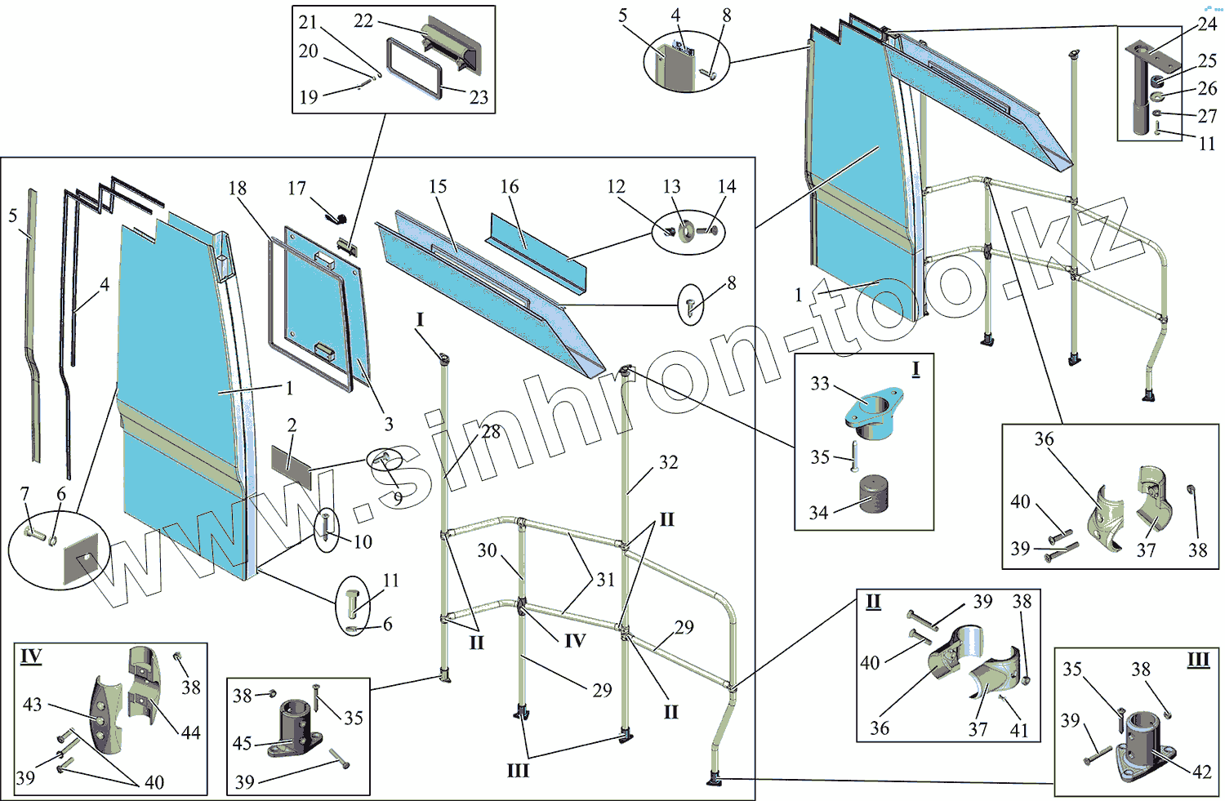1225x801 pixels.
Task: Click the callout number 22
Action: point(363,20)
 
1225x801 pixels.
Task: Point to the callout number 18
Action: point(237,189)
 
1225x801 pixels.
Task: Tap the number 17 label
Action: point(296,189)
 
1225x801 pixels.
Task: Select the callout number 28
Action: point(491,431)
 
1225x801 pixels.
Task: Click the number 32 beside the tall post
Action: point(668,462)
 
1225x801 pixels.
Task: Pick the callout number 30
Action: point(487,550)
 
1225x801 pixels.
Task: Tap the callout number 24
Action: point(1208,24)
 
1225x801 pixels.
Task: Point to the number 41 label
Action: point(1019,729)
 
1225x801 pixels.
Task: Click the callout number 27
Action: point(1207,116)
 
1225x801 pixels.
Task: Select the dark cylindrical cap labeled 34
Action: point(876,494)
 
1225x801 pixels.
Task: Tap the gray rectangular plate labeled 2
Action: point(292,465)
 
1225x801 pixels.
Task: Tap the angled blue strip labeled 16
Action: point(535,245)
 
